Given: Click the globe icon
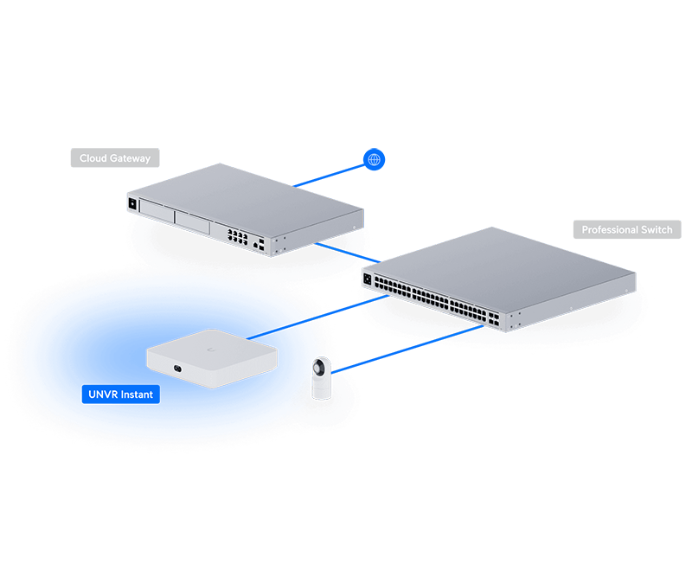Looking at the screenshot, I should click(374, 160).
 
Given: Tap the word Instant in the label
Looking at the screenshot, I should click(137, 395).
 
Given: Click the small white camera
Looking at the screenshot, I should click(322, 379).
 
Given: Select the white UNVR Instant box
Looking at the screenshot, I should click(212, 356).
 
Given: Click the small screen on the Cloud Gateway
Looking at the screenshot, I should click(132, 204).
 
